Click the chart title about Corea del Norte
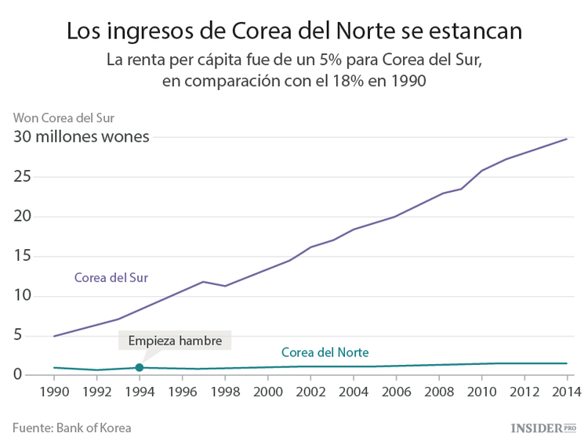(x=293, y=31)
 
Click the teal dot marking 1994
(x=140, y=367)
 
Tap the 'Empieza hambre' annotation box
(x=175, y=341)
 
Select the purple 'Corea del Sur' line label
(x=111, y=277)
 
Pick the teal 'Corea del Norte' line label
(x=325, y=352)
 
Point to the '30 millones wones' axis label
(x=81, y=137)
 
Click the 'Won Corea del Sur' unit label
(x=64, y=118)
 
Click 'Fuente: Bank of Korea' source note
(x=71, y=428)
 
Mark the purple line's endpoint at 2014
(x=567, y=139)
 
